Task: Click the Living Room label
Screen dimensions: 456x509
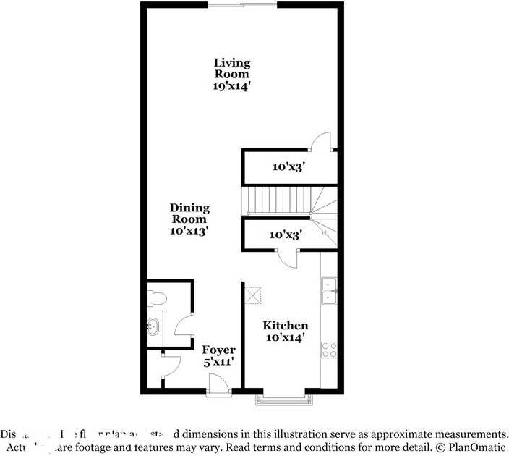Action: coord(231,68)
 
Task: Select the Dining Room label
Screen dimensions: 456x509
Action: coord(189,213)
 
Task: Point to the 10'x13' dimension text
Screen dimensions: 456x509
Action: coord(189,231)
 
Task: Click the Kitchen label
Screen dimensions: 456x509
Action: coord(285,326)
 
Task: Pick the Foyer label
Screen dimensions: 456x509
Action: coord(218,350)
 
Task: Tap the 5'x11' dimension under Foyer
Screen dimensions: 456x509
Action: coord(218,362)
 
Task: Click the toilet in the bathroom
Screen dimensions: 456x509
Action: coord(156,298)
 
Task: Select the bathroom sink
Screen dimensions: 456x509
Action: coord(153,327)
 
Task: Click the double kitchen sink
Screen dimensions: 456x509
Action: coord(328,290)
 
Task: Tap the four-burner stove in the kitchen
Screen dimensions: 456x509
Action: coord(329,350)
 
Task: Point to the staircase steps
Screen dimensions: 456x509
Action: coord(279,199)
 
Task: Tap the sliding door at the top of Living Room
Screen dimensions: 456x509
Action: coord(243,5)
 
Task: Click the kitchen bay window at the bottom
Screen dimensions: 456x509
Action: coord(282,397)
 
